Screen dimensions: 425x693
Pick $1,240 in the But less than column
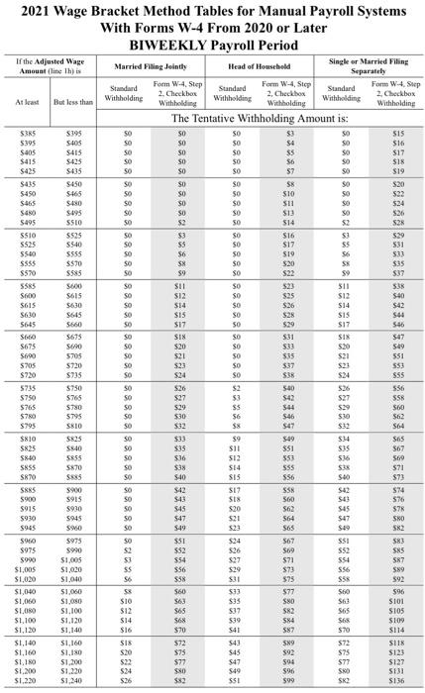point(72,683)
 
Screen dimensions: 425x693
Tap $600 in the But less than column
point(72,286)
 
